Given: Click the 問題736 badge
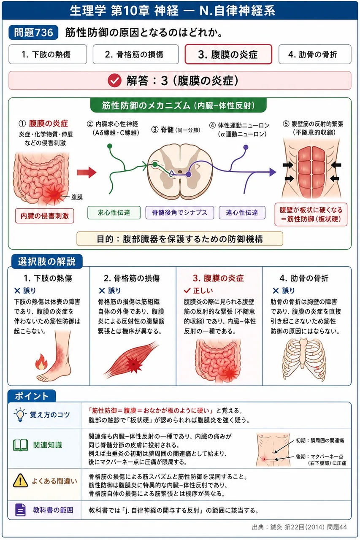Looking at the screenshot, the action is [33, 32].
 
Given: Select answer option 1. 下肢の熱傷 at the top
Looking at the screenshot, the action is [48, 54].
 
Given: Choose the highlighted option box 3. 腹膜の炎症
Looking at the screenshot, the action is [228, 54].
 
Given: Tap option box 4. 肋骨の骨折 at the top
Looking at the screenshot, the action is [315, 54].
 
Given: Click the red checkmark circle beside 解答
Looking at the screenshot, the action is [114, 80].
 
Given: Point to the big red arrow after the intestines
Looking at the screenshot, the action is [87, 172].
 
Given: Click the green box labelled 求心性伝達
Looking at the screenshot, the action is [114, 212].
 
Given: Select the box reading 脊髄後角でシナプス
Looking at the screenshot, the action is [180, 212].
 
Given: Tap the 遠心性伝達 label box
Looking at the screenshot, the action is [242, 212].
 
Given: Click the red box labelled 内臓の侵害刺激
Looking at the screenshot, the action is [45, 216].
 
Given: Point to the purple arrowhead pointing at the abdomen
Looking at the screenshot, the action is [273, 172].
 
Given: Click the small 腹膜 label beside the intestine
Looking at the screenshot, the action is [77, 197].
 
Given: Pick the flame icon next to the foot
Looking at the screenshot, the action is [41, 362].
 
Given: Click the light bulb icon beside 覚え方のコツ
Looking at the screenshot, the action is [20, 415].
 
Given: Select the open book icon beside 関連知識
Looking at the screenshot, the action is [21, 445].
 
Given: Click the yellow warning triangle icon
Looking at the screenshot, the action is [20, 481].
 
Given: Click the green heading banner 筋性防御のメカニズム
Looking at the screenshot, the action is [179, 105].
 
